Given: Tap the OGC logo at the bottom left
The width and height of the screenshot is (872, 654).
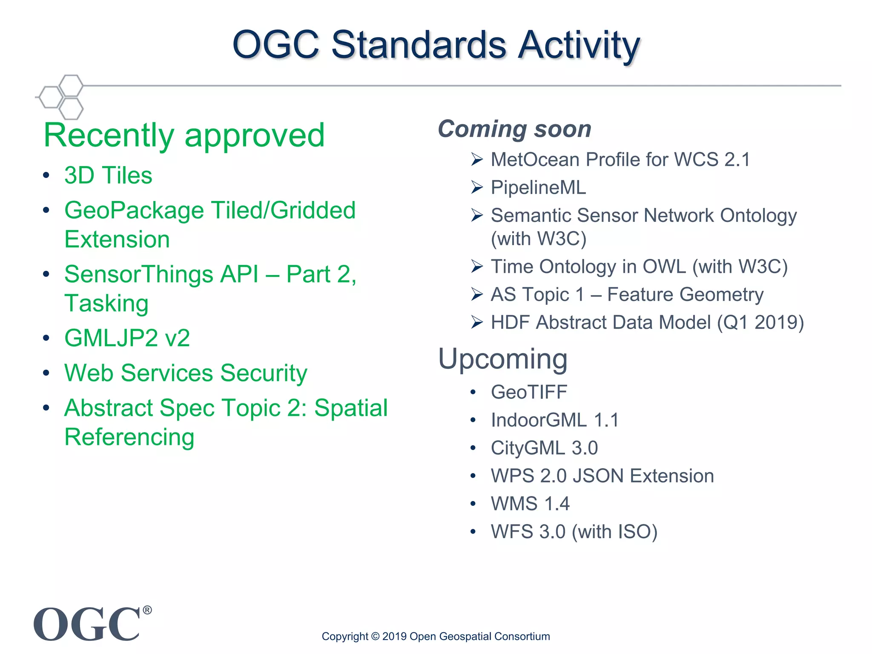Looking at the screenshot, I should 87,624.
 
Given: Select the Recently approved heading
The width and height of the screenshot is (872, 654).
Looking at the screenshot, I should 184,135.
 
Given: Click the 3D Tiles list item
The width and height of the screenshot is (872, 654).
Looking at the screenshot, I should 108,175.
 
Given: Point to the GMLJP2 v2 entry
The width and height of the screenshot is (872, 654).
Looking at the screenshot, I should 127,338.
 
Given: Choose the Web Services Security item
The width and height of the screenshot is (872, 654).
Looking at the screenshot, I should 186,373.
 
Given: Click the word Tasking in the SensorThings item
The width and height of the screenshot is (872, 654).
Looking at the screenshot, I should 106,303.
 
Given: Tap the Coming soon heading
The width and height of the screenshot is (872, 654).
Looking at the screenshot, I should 514,129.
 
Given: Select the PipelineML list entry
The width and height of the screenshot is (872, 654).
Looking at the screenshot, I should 538,188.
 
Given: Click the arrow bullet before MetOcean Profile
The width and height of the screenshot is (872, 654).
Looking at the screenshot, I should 477,160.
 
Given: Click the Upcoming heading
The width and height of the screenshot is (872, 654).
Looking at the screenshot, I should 502,359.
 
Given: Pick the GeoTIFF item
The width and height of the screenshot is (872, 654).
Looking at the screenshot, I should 529,392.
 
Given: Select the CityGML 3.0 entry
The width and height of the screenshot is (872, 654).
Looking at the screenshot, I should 544,448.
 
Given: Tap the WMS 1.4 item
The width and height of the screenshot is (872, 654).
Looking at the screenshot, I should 530,504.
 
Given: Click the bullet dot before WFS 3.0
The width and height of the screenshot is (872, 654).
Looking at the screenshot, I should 473,532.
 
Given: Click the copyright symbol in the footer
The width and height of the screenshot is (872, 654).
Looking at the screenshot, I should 375,637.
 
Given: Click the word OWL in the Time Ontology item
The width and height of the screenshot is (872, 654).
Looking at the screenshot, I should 664,267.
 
